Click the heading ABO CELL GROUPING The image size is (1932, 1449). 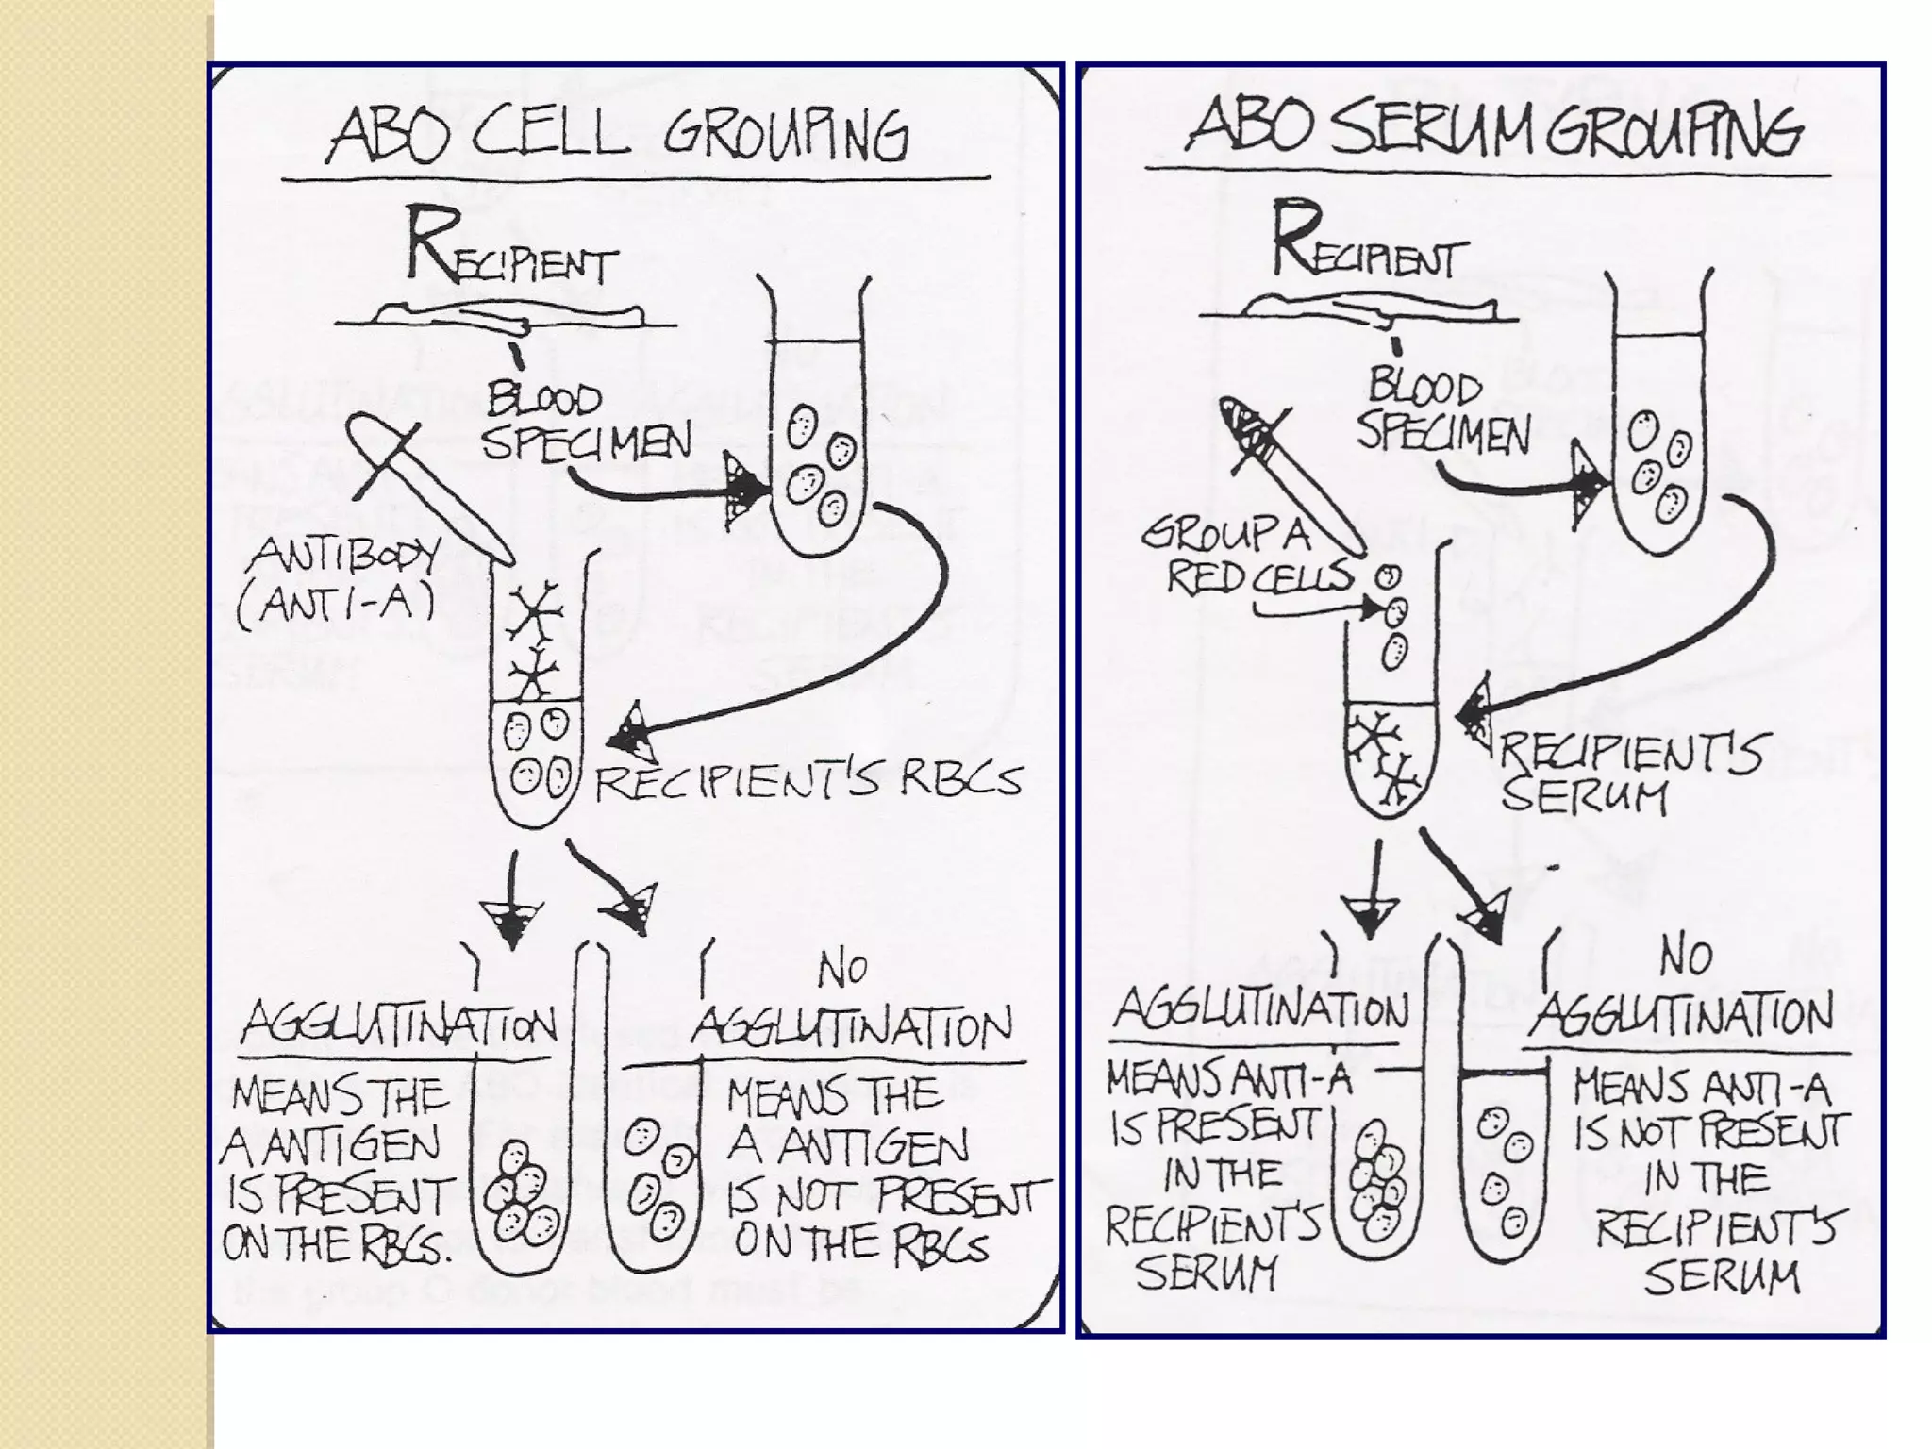[x=618, y=137]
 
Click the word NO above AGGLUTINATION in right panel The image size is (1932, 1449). [x=1685, y=957]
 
